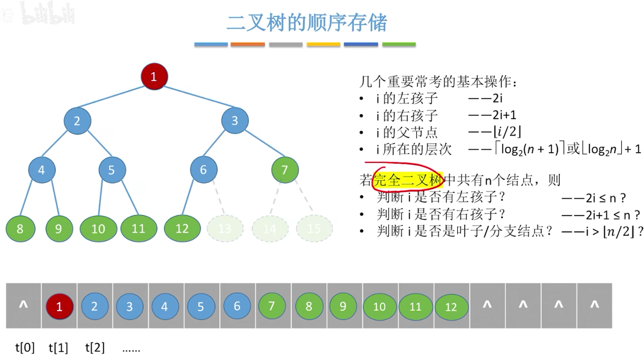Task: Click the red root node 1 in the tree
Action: point(154,77)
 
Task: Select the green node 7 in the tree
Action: point(285,170)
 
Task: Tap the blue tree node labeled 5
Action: point(112,170)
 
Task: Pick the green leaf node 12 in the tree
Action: point(182,228)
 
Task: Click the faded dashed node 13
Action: point(224,229)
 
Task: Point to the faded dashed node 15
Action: point(314,229)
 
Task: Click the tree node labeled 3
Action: point(235,121)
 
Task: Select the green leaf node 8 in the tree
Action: point(20,228)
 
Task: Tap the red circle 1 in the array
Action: point(59,306)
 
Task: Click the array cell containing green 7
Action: point(272,306)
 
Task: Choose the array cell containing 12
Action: point(451,306)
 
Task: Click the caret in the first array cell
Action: point(23,305)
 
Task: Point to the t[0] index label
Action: point(25,347)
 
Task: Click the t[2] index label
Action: point(95,347)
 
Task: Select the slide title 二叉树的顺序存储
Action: point(306,23)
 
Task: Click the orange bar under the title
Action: point(247,44)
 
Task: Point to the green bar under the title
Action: point(399,44)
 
